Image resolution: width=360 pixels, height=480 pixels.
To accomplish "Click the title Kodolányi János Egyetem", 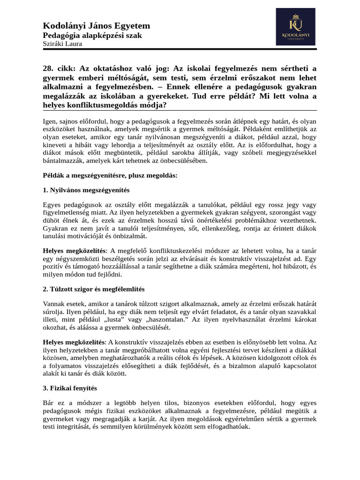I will pos(97,26).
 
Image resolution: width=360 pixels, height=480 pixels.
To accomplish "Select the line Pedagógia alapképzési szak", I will pos(92,36).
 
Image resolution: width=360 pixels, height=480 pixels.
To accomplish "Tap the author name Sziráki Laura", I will pos(62,44).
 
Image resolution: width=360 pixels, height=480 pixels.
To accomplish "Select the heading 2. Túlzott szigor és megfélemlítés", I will pos(94,289).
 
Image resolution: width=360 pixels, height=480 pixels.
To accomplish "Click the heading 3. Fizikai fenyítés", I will pos(70,388).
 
